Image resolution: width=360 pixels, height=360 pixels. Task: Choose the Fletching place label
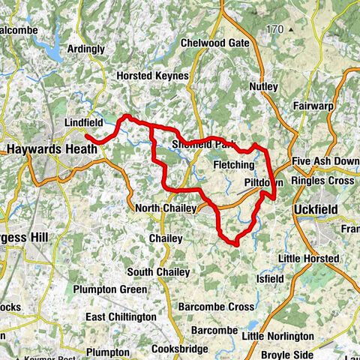click(x=234, y=164)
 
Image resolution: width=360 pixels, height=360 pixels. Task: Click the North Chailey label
click(x=166, y=208)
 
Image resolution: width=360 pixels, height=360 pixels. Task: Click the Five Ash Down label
click(x=325, y=160)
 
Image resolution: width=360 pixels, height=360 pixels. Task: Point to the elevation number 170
click(x=274, y=29)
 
